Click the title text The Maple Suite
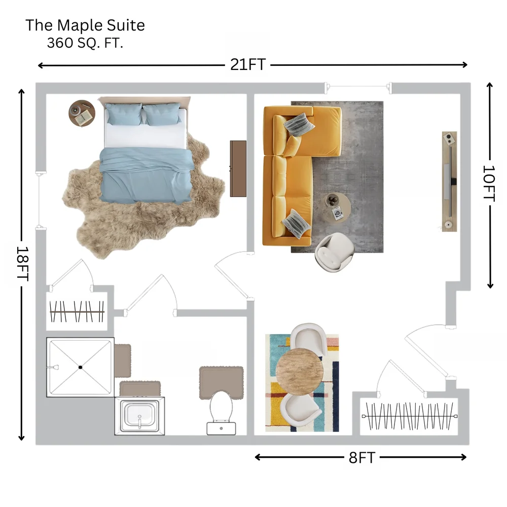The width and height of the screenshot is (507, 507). click(x=85, y=25)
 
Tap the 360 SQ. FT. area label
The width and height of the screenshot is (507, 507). click(x=85, y=43)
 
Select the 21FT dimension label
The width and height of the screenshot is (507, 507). click(x=248, y=65)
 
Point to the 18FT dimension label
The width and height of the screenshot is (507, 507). click(x=23, y=264)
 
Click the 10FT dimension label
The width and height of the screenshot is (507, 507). click(x=489, y=184)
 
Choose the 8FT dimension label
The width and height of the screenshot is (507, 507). click(x=362, y=458)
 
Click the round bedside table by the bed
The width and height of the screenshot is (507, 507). click(x=82, y=113)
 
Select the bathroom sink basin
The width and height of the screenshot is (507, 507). click(x=140, y=416)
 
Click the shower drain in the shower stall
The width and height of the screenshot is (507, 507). click(x=80, y=367)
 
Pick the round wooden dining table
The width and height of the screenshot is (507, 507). click(x=300, y=372)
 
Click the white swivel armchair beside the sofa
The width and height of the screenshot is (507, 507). click(x=334, y=252)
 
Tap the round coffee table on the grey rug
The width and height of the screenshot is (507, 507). click(x=338, y=207)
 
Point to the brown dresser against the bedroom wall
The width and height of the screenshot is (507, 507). click(x=238, y=168)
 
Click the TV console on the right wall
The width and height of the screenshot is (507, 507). click(x=449, y=182)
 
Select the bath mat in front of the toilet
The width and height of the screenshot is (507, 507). click(x=222, y=382)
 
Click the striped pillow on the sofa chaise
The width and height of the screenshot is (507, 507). click(x=299, y=125)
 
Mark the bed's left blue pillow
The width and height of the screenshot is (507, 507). click(x=124, y=114)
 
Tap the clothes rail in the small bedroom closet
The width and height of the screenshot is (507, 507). click(x=77, y=312)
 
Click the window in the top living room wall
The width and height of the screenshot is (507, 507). click(x=358, y=87)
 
